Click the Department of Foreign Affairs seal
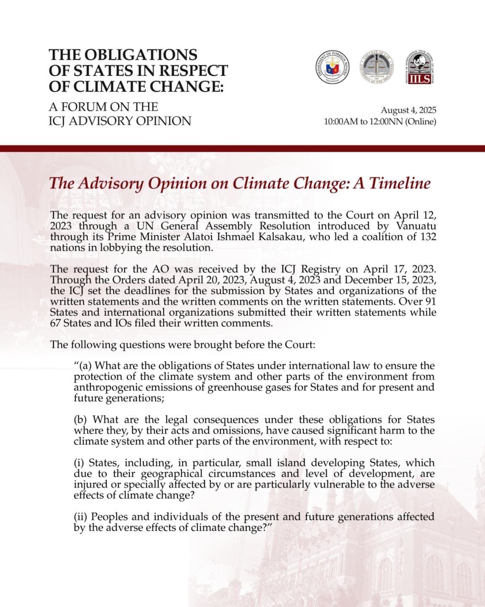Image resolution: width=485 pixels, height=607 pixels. (333, 69)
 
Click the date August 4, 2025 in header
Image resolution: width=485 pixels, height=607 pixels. (408, 110)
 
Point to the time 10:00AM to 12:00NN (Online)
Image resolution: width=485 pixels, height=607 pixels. (380, 122)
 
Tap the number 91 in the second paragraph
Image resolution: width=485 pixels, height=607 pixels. (430, 302)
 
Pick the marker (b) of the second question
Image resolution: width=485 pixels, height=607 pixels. (81, 420)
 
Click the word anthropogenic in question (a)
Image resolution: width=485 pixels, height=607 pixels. (107, 387)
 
